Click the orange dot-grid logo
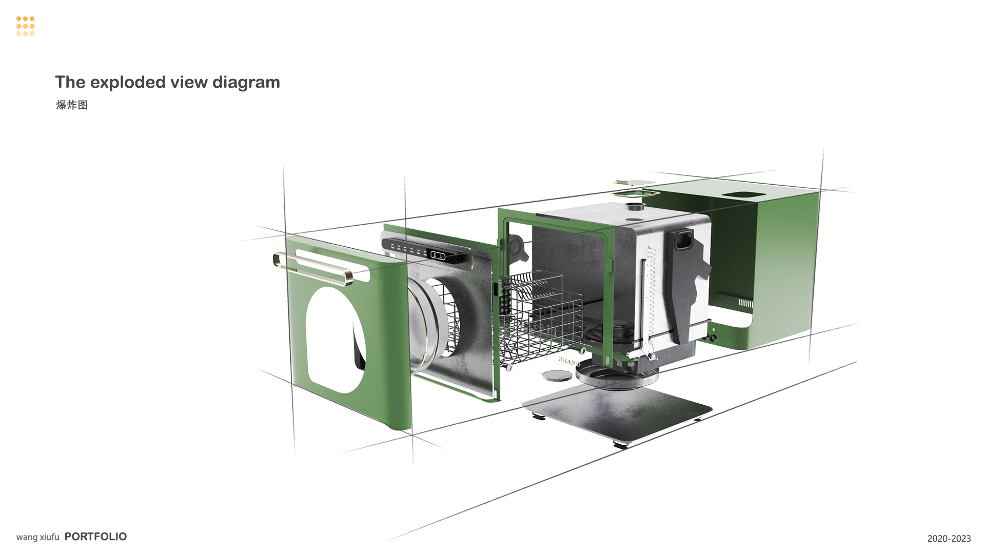pyautogui.click(x=25, y=26)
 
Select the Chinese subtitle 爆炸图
pyautogui.click(x=72, y=105)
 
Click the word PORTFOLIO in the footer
pyautogui.click(x=96, y=537)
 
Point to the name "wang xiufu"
pyautogui.click(x=38, y=537)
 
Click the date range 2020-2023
pyautogui.click(x=949, y=539)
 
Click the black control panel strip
pyautogui.click(x=426, y=250)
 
